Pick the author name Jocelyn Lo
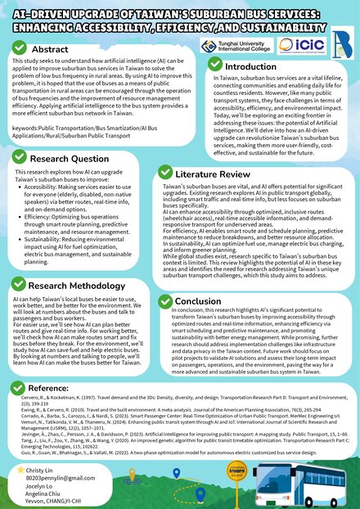pyautogui.click(x=44, y=489)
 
